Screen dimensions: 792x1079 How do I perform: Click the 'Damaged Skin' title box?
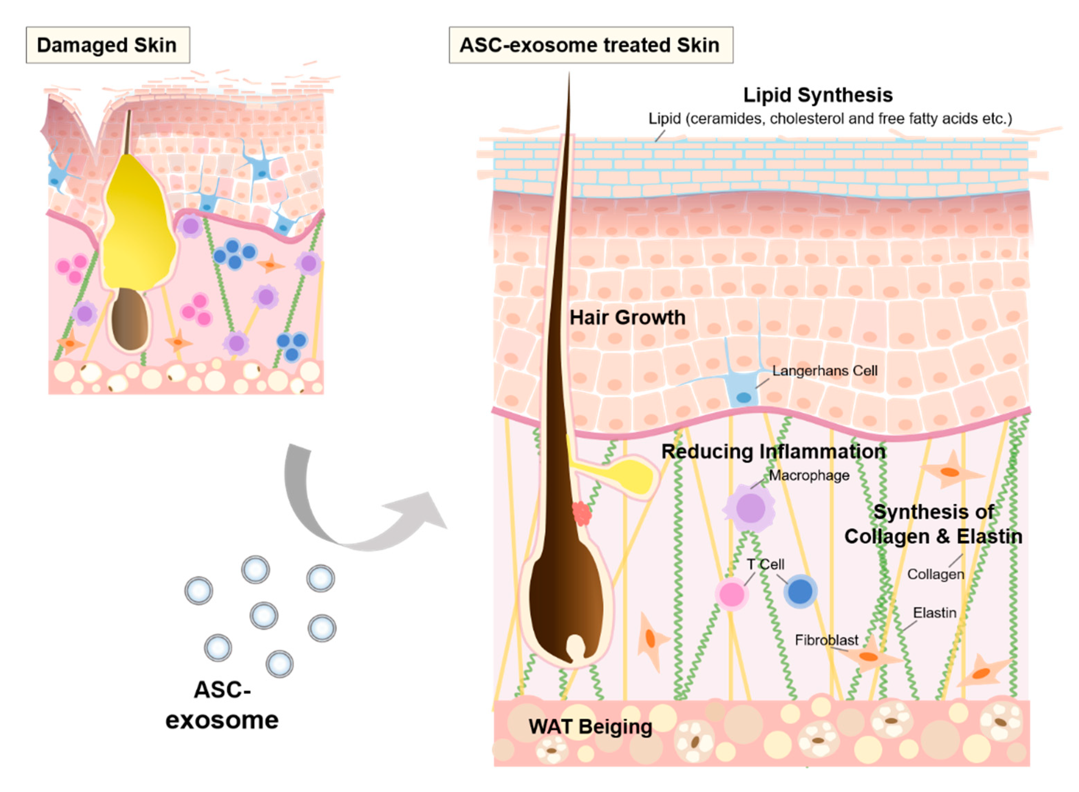[x=107, y=45]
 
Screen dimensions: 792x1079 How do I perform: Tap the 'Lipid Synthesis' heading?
[x=818, y=95]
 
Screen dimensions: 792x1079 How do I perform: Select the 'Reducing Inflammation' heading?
[x=773, y=451]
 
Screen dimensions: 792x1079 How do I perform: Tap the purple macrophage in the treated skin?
[x=750, y=508]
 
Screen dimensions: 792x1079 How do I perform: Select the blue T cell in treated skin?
[x=800, y=591]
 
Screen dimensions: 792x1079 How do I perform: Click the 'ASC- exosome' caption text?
[x=222, y=705]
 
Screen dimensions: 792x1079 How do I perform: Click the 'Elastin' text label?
[x=934, y=612]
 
